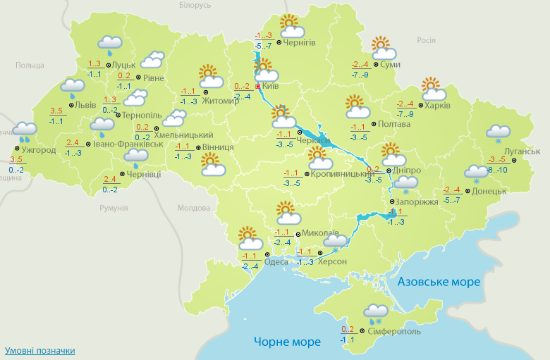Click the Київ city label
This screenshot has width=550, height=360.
click(271, 87)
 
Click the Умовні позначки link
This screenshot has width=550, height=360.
click(39, 350)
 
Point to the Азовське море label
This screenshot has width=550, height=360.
click(439, 282)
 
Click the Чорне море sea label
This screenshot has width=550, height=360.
click(287, 342)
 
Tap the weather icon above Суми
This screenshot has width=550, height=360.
click(383, 48)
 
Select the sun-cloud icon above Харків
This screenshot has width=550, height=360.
click(433, 89)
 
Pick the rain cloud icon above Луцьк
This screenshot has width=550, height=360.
click(110, 44)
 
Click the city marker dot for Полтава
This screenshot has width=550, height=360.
click(374, 124)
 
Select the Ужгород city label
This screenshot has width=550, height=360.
click(39, 150)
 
